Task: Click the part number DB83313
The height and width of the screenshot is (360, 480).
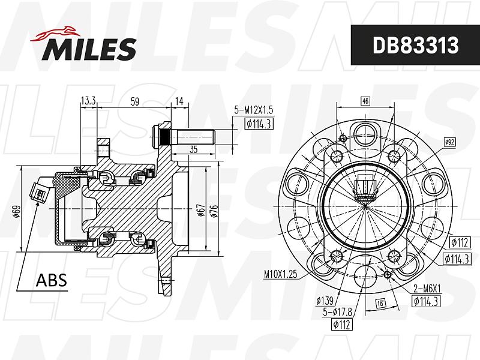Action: pyautogui.click(x=415, y=46)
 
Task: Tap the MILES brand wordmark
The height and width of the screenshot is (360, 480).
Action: pyautogui.click(x=89, y=49)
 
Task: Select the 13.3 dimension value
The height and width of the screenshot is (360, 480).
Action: pyautogui.click(x=88, y=100)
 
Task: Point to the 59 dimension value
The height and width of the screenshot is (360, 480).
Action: pyautogui.click(x=134, y=101)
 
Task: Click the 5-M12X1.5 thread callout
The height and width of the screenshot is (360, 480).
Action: pyautogui.click(x=254, y=110)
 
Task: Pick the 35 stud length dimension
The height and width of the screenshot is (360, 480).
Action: pyautogui.click(x=193, y=149)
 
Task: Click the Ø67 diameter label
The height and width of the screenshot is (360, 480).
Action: pyautogui.click(x=201, y=211)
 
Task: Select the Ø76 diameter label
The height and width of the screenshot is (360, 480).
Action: pyautogui.click(x=214, y=211)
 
